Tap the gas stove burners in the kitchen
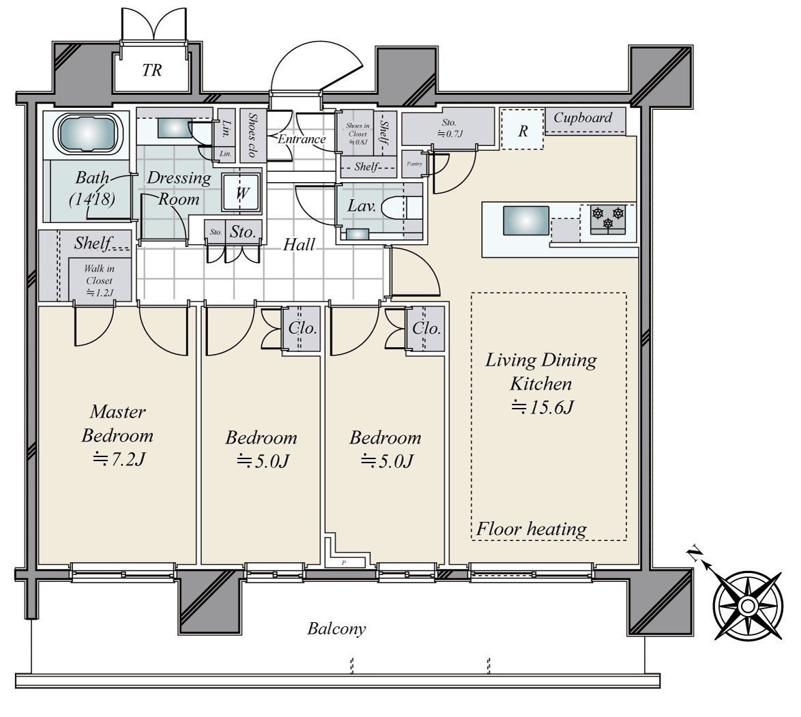[x=608, y=218]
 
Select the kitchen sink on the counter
[x=525, y=220]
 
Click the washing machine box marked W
[x=242, y=192]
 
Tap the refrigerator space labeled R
[x=523, y=131]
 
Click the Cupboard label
[x=583, y=117]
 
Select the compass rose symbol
[x=748, y=606]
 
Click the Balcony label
[x=336, y=628]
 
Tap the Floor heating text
[x=531, y=529]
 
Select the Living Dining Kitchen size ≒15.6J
[x=542, y=407]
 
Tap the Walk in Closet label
[x=99, y=280]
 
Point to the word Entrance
[x=302, y=139]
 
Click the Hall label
[x=299, y=244]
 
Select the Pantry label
[x=414, y=164]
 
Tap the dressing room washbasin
[x=170, y=128]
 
